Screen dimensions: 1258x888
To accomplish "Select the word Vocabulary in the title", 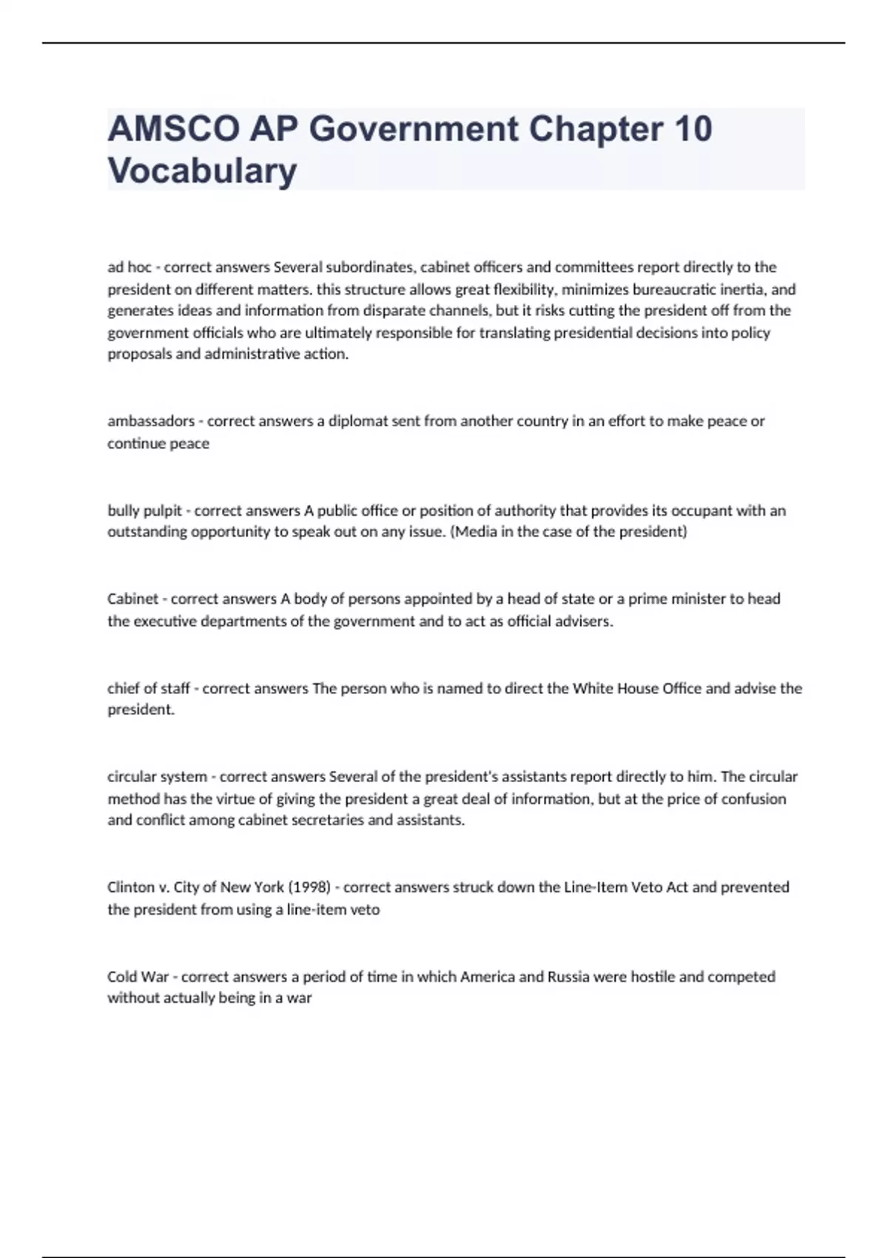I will pyautogui.click(x=202, y=170).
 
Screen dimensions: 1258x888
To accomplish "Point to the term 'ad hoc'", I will pyautogui.click(x=129, y=267).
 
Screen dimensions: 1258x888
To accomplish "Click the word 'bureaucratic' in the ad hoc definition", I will pyautogui.click(x=674, y=289).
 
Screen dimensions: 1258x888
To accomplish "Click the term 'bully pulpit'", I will pyautogui.click(x=144, y=511).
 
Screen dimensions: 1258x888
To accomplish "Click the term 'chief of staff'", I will pyautogui.click(x=149, y=688).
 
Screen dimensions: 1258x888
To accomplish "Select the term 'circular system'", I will pyautogui.click(x=157, y=777).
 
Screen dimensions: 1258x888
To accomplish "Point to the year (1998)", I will pyautogui.click(x=309, y=887).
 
